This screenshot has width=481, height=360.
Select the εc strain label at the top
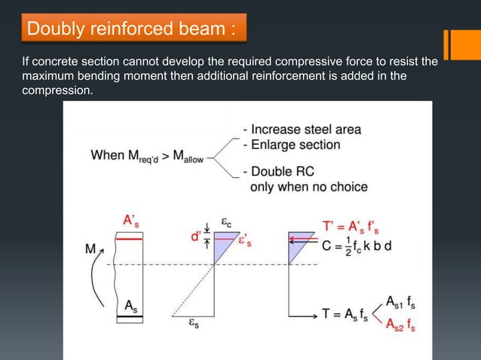click(226, 221)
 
